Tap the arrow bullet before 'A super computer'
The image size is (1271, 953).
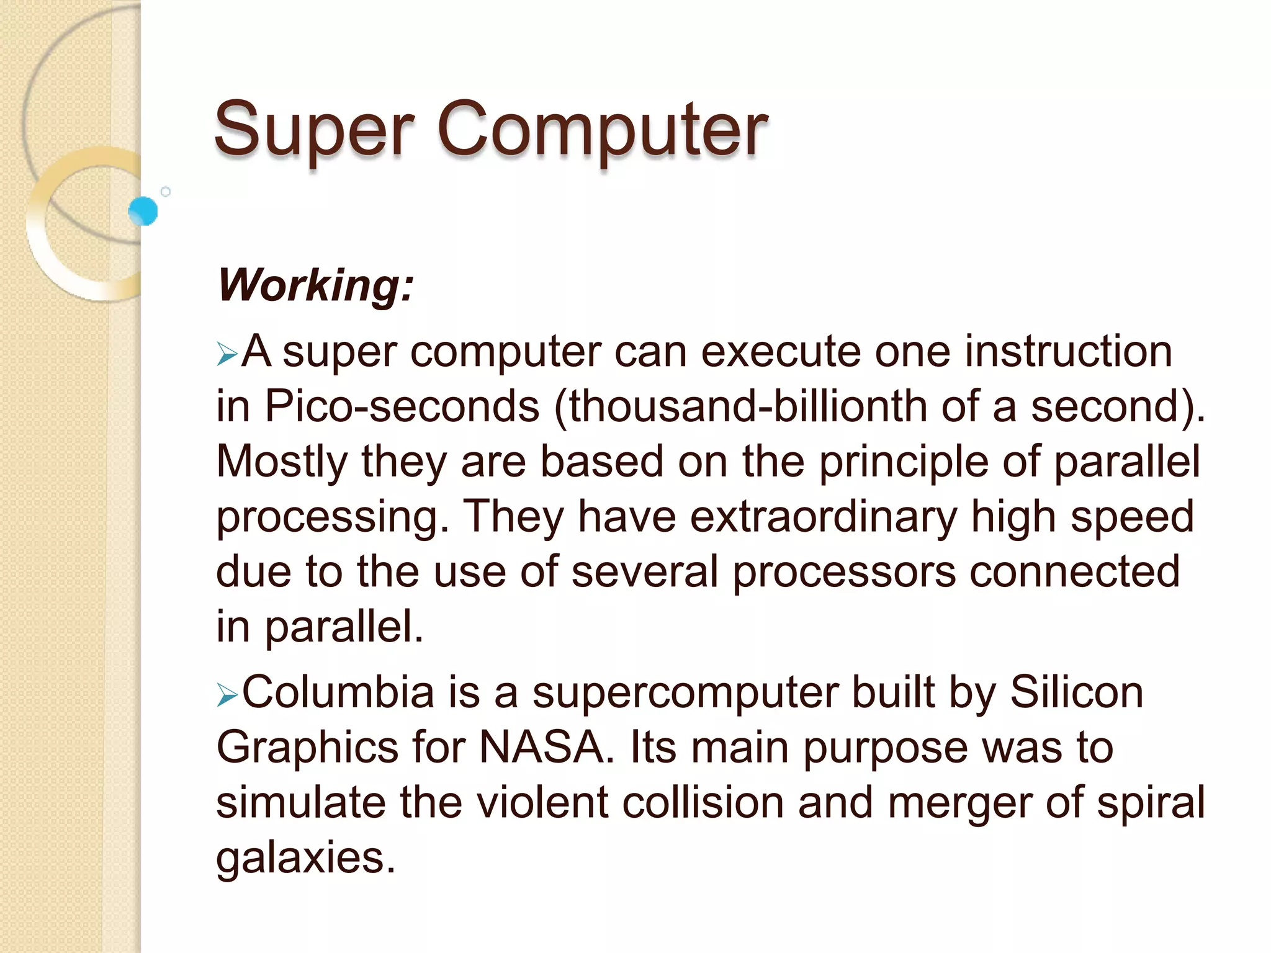pyautogui.click(x=227, y=355)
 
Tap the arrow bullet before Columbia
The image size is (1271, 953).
pyautogui.click(x=227, y=696)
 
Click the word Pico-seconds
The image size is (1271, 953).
pyautogui.click(x=402, y=407)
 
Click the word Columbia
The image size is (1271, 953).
pyautogui.click(x=338, y=692)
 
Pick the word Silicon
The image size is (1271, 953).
pyautogui.click(x=1076, y=692)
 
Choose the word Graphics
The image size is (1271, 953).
pyautogui.click(x=307, y=748)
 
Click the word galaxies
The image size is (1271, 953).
pyautogui.click(x=305, y=859)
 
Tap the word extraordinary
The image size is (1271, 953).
pyautogui.click(x=824, y=517)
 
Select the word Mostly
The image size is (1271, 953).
pyautogui.click(x=282, y=463)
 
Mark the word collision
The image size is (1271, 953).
pyautogui.click(x=703, y=803)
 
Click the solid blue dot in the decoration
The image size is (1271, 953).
pyautogui.click(x=143, y=211)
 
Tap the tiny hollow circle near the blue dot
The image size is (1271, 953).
pyautogui.click(x=166, y=192)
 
